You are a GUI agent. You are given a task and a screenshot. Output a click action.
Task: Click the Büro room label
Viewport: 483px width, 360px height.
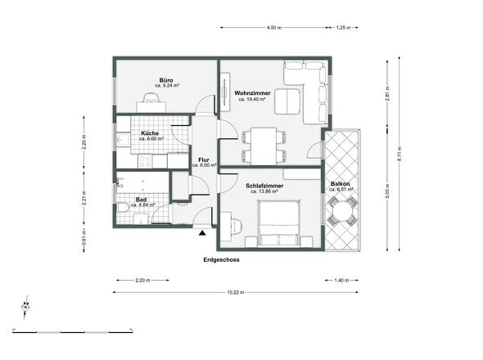pyautogui.click(x=166, y=80)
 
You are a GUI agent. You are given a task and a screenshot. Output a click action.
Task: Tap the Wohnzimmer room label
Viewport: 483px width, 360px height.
pyautogui.click(x=252, y=93)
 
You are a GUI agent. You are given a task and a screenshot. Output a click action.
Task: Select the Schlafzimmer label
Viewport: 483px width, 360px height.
pyautogui.click(x=264, y=186)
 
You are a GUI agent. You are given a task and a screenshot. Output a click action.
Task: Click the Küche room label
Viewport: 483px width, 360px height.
pyautogui.click(x=150, y=133)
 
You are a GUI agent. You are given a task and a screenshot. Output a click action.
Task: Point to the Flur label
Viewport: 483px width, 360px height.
pyautogui.click(x=204, y=160)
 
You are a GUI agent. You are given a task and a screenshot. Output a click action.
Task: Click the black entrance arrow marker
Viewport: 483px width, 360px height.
pyautogui.click(x=202, y=233)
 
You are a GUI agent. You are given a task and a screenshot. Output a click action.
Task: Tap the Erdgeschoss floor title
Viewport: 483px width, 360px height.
pyautogui.click(x=221, y=259)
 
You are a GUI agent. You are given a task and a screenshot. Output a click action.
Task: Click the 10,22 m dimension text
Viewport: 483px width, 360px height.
pyautogui.click(x=236, y=292)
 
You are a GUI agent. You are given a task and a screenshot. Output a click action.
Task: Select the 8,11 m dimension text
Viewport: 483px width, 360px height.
pyautogui.click(x=399, y=154)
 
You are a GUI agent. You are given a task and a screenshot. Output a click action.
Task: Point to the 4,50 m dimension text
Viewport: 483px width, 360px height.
pyautogui.click(x=274, y=27)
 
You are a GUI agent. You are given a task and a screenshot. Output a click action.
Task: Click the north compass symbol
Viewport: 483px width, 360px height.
pyautogui.click(x=25, y=307)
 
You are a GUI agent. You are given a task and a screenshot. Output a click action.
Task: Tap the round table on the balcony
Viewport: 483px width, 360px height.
pyautogui.click(x=342, y=211)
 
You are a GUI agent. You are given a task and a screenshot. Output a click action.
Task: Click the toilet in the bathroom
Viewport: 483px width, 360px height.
pyautogui.click(x=122, y=207)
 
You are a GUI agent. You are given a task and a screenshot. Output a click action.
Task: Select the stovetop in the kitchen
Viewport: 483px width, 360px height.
pyautogui.click(x=145, y=161)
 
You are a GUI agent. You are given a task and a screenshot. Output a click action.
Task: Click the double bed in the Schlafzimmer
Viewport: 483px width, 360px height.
pyautogui.click(x=279, y=223)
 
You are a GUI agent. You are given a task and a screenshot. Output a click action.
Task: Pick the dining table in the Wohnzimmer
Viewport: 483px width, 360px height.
pyautogui.click(x=264, y=146)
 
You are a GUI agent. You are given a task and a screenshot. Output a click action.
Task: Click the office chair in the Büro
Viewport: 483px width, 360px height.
pyautogui.click(x=151, y=97)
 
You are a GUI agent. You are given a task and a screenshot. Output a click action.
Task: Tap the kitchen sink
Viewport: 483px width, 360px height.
pyautogui.click(x=124, y=140)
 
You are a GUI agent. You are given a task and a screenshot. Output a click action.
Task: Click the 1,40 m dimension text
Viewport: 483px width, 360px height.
pyautogui.click(x=342, y=281)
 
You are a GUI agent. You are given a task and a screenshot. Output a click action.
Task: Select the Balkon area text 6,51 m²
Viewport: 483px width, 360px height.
pyautogui.click(x=341, y=189)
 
